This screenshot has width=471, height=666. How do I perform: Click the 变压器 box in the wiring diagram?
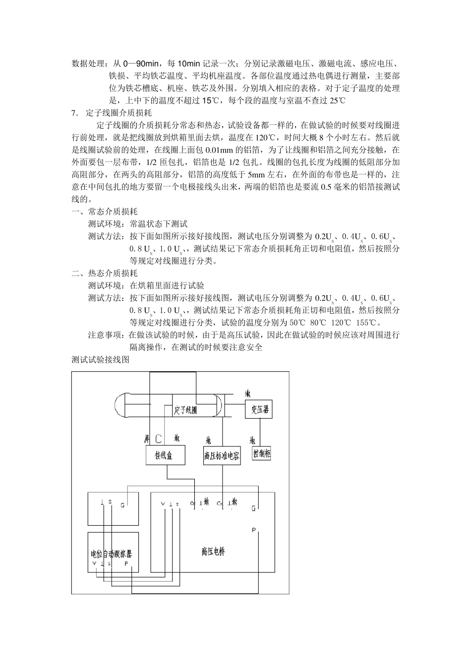(259, 409)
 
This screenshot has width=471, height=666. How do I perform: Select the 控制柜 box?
(261, 453)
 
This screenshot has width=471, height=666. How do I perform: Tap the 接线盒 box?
(164, 455)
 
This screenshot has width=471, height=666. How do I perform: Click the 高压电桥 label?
(213, 551)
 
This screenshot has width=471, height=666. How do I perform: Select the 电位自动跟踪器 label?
(115, 553)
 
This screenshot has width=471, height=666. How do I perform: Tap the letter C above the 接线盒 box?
(159, 439)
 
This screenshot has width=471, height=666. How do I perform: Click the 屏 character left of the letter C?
(147, 439)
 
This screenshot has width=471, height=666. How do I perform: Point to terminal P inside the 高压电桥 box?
(253, 530)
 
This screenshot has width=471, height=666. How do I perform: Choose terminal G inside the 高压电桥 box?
(253, 508)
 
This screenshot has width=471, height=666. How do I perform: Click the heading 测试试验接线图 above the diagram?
(101, 360)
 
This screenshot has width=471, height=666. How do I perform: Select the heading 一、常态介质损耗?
(105, 212)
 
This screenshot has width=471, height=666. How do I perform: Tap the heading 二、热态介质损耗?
(105, 274)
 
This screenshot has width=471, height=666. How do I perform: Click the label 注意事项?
(106, 335)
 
